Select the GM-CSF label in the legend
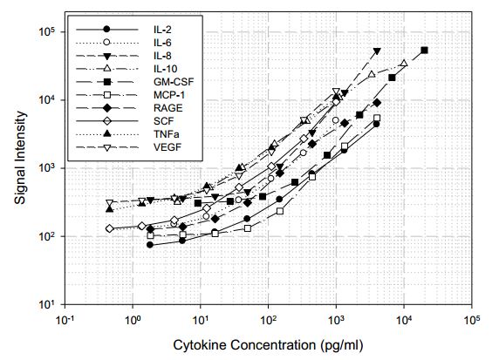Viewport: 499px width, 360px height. (x=167, y=81)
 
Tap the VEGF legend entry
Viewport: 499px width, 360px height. (x=161, y=147)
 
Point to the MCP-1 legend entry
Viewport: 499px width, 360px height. (x=165, y=95)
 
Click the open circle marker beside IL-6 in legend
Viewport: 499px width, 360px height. (x=106, y=42)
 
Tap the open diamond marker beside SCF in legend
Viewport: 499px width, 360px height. (x=106, y=121)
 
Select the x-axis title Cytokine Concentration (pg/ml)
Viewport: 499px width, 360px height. (x=268, y=345)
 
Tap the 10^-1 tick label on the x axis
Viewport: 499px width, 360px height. (x=65, y=321)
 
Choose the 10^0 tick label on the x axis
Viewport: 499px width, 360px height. (x=133, y=321)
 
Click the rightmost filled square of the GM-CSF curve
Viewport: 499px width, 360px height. (x=424, y=51)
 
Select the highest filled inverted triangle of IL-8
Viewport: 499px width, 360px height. (x=377, y=51)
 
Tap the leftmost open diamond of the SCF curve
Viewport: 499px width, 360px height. (x=110, y=228)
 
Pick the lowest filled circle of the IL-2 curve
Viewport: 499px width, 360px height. (x=150, y=245)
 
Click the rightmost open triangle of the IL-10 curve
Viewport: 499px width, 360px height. (x=404, y=64)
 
